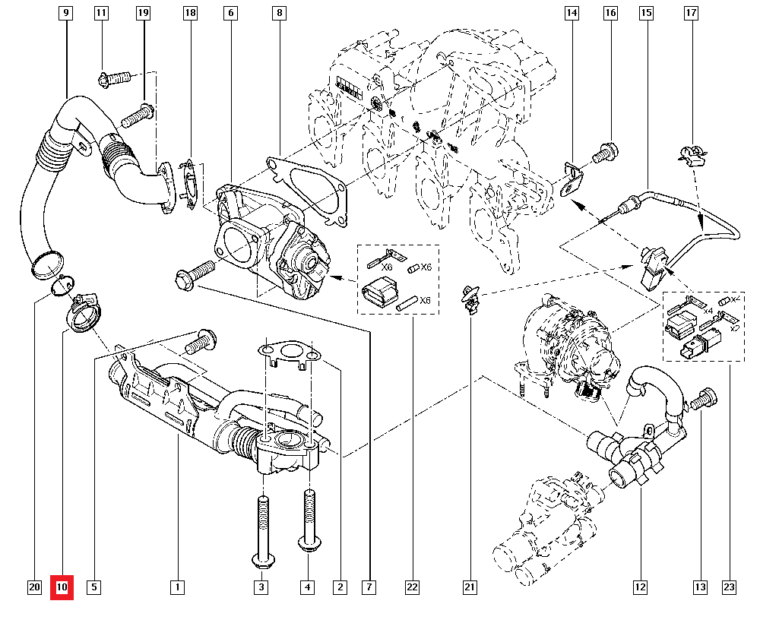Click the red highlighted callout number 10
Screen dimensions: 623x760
[62, 587]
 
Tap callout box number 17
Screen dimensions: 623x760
[691, 13]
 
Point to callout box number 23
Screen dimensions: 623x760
[729, 587]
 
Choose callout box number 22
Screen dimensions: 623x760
[412, 587]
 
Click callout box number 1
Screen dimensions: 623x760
[176, 587]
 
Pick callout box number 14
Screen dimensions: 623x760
[572, 13]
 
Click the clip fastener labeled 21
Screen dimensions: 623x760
[470, 299]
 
